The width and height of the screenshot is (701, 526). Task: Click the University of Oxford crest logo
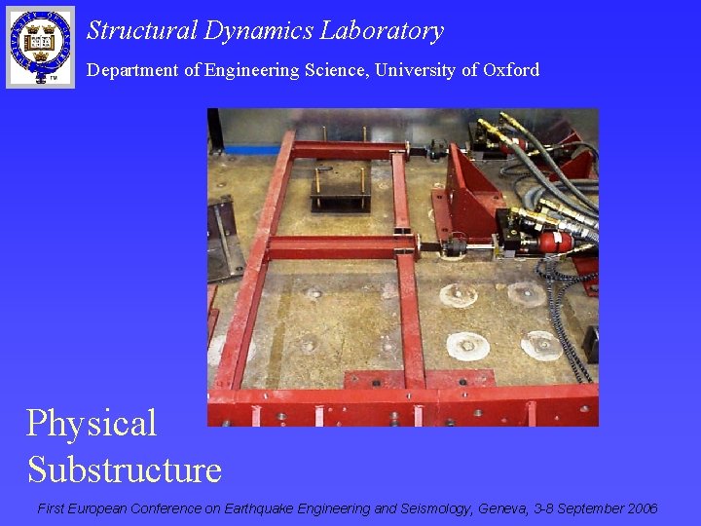click(x=40, y=46)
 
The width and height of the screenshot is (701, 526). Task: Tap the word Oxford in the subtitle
click(x=511, y=70)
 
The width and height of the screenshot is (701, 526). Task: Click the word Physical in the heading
click(x=92, y=424)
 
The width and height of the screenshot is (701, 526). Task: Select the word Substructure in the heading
click(x=125, y=470)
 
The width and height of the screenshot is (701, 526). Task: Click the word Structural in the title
click(x=142, y=31)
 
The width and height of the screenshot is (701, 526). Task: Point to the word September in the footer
click(x=591, y=508)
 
